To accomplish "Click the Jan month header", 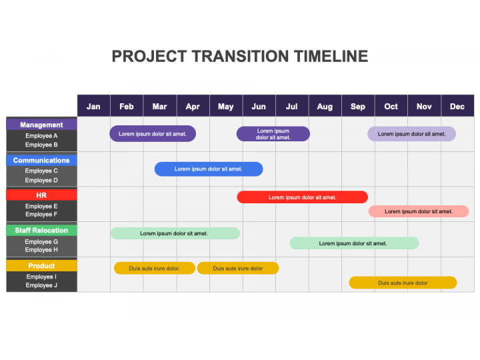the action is point(93,106).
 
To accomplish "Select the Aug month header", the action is point(325,106).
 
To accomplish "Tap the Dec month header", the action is point(457,106).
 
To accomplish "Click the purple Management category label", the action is point(41,125).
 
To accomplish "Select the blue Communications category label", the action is point(41,160).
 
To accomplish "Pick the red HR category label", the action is point(41,195).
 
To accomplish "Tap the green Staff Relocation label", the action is point(41,230).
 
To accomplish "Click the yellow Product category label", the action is point(41,265).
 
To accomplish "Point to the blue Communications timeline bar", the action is point(209,169).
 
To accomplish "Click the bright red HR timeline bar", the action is point(303,197).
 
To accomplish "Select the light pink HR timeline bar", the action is point(419,211).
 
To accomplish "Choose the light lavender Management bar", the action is point(411,134).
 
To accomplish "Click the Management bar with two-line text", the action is point(273,134).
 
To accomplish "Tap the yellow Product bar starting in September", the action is point(403,283).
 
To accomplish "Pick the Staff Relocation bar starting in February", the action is point(175,233).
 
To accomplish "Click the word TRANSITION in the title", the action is point(240,56).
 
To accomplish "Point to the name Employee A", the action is point(41,135).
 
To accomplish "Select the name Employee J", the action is point(41,285).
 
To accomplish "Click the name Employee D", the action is point(41,180).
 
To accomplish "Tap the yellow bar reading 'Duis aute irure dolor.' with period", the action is point(155,268).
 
